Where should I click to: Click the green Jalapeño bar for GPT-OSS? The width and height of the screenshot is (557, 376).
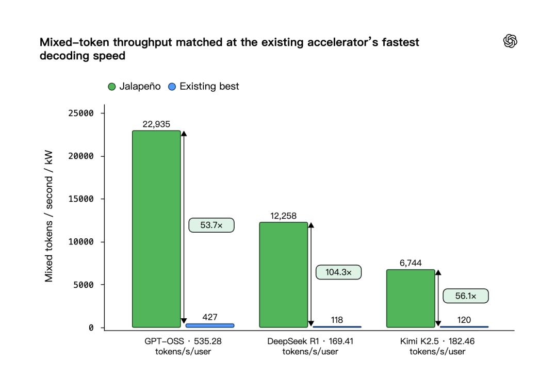[156, 229]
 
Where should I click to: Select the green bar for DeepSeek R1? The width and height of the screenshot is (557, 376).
[284, 275]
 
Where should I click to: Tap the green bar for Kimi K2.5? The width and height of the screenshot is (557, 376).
[411, 299]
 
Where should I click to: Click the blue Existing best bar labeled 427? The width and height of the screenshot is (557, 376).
[210, 325]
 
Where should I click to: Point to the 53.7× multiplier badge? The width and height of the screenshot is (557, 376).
[211, 225]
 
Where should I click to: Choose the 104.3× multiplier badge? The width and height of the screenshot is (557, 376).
[338, 272]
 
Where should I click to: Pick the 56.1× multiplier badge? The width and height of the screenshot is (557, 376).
[466, 296]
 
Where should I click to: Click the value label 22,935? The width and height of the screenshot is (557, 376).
[156, 124]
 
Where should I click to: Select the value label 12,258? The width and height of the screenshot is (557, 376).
[284, 216]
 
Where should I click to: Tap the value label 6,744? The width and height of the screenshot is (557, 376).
[411, 263]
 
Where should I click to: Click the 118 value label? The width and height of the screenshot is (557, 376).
[337, 320]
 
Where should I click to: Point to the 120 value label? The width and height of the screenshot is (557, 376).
[464, 320]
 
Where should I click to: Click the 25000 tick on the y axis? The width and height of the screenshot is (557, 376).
[81, 113]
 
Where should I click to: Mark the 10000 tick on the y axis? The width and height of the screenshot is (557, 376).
[81, 242]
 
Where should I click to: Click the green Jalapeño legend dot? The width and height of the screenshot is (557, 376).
[112, 87]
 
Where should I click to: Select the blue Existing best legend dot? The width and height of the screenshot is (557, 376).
[172, 87]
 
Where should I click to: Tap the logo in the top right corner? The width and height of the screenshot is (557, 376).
[510, 41]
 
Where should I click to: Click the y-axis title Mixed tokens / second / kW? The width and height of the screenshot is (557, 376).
[48, 216]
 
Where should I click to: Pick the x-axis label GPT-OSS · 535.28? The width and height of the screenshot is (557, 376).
[183, 341]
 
